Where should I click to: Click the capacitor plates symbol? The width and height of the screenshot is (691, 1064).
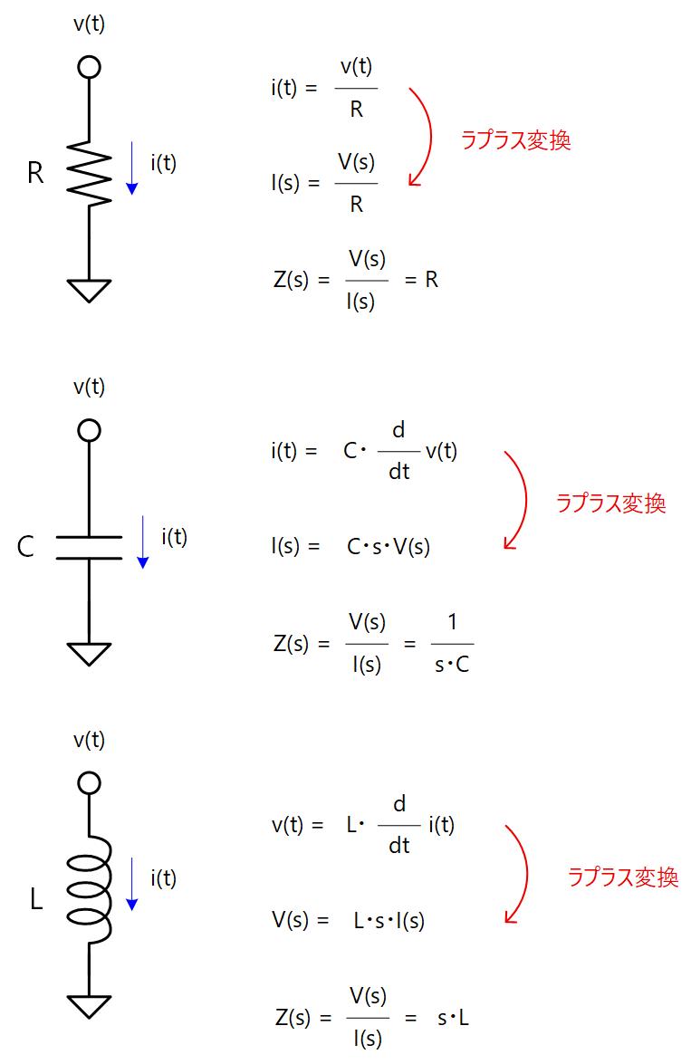tap(89, 547)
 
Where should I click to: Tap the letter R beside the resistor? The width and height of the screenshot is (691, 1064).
tap(35, 173)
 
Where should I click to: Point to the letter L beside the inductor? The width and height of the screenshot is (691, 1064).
tap(36, 901)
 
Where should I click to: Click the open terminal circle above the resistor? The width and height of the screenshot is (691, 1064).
tap(89, 66)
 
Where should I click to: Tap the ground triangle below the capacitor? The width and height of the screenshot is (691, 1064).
tap(89, 653)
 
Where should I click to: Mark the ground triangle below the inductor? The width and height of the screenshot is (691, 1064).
tap(89, 1005)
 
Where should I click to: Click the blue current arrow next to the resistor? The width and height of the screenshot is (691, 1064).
tap(132, 168)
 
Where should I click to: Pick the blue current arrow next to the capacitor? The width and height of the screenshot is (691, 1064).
tap(142, 542)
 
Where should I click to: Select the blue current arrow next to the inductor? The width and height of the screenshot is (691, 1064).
tap(132, 883)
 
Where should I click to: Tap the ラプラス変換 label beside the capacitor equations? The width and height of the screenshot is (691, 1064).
tap(610, 504)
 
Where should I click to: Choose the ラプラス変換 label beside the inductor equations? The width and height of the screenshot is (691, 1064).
tap(623, 877)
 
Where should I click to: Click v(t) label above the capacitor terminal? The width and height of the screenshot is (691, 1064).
tap(89, 388)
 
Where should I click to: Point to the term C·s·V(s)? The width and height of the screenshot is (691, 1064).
tap(389, 547)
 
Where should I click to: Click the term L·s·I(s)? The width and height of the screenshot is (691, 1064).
tap(389, 920)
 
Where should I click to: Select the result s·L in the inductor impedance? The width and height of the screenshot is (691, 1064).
tap(453, 1018)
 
